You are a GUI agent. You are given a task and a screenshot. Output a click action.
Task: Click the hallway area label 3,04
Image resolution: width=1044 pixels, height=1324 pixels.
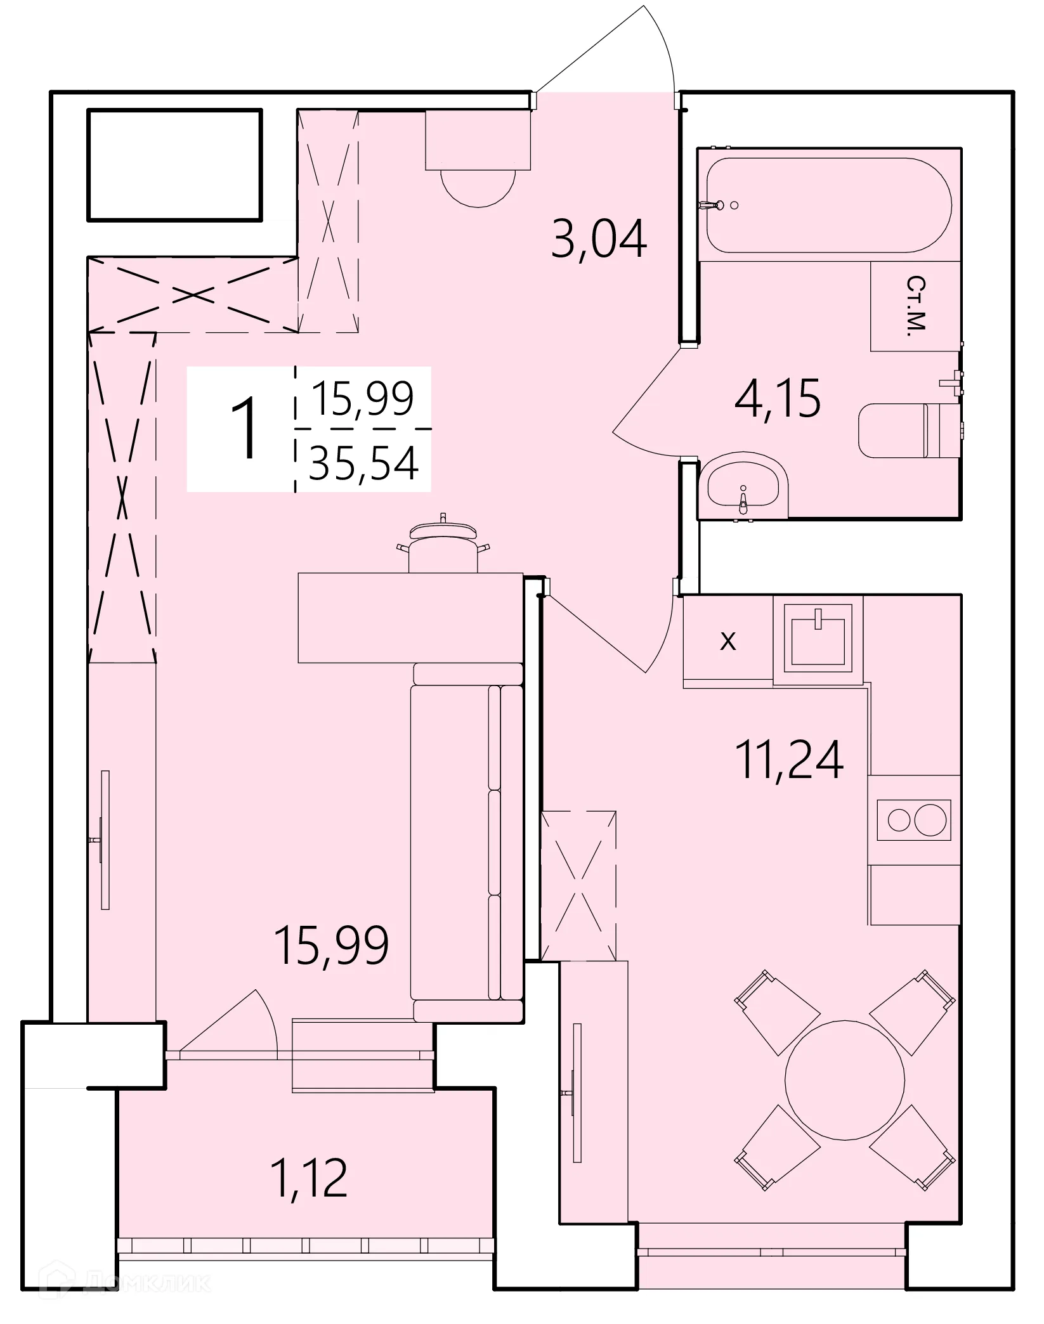pyautogui.click(x=599, y=238)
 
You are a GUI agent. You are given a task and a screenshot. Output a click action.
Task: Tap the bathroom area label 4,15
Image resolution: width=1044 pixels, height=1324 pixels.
pyautogui.click(x=777, y=398)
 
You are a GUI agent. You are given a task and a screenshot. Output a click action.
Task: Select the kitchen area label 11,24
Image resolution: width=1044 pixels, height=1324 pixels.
pyautogui.click(x=789, y=759)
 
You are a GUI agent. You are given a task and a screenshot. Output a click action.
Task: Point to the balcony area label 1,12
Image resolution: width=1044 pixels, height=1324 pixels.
pyautogui.click(x=309, y=1178)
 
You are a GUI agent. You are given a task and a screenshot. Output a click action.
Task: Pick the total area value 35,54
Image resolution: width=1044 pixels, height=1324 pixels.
pyautogui.click(x=363, y=463)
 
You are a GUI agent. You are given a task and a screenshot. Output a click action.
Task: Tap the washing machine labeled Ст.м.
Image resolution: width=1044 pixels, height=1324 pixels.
pyautogui.click(x=915, y=306)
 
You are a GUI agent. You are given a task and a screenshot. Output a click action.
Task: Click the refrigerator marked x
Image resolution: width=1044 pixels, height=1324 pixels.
pyautogui.click(x=728, y=640)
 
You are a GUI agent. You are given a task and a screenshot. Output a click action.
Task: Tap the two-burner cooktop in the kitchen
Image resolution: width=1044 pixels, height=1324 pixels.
pyautogui.click(x=914, y=820)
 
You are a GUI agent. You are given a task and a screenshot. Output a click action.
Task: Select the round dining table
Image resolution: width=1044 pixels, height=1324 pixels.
pyautogui.click(x=844, y=1080)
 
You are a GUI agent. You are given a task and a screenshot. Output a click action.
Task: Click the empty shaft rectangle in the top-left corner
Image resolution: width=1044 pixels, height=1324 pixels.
pyautogui.click(x=174, y=165)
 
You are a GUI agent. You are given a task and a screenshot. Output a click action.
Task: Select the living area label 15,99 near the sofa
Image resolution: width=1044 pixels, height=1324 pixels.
pyautogui.click(x=330, y=944)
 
